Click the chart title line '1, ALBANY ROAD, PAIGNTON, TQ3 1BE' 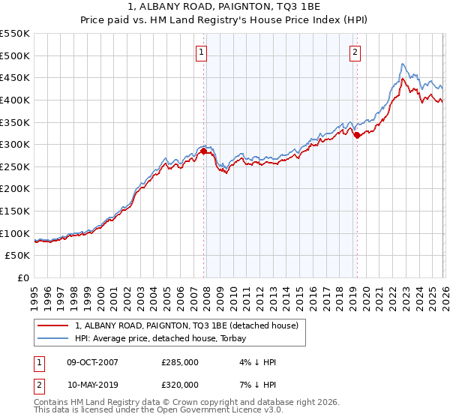[x=225, y=6]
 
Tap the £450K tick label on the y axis [x=15, y=77]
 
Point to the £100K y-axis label [x=15, y=233]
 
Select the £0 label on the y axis [x=23, y=278]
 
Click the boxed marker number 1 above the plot [x=202, y=52]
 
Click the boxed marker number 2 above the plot [x=354, y=52]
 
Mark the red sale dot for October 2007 [x=203, y=151]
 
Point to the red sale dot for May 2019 [x=357, y=136]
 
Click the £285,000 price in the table [x=179, y=363]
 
